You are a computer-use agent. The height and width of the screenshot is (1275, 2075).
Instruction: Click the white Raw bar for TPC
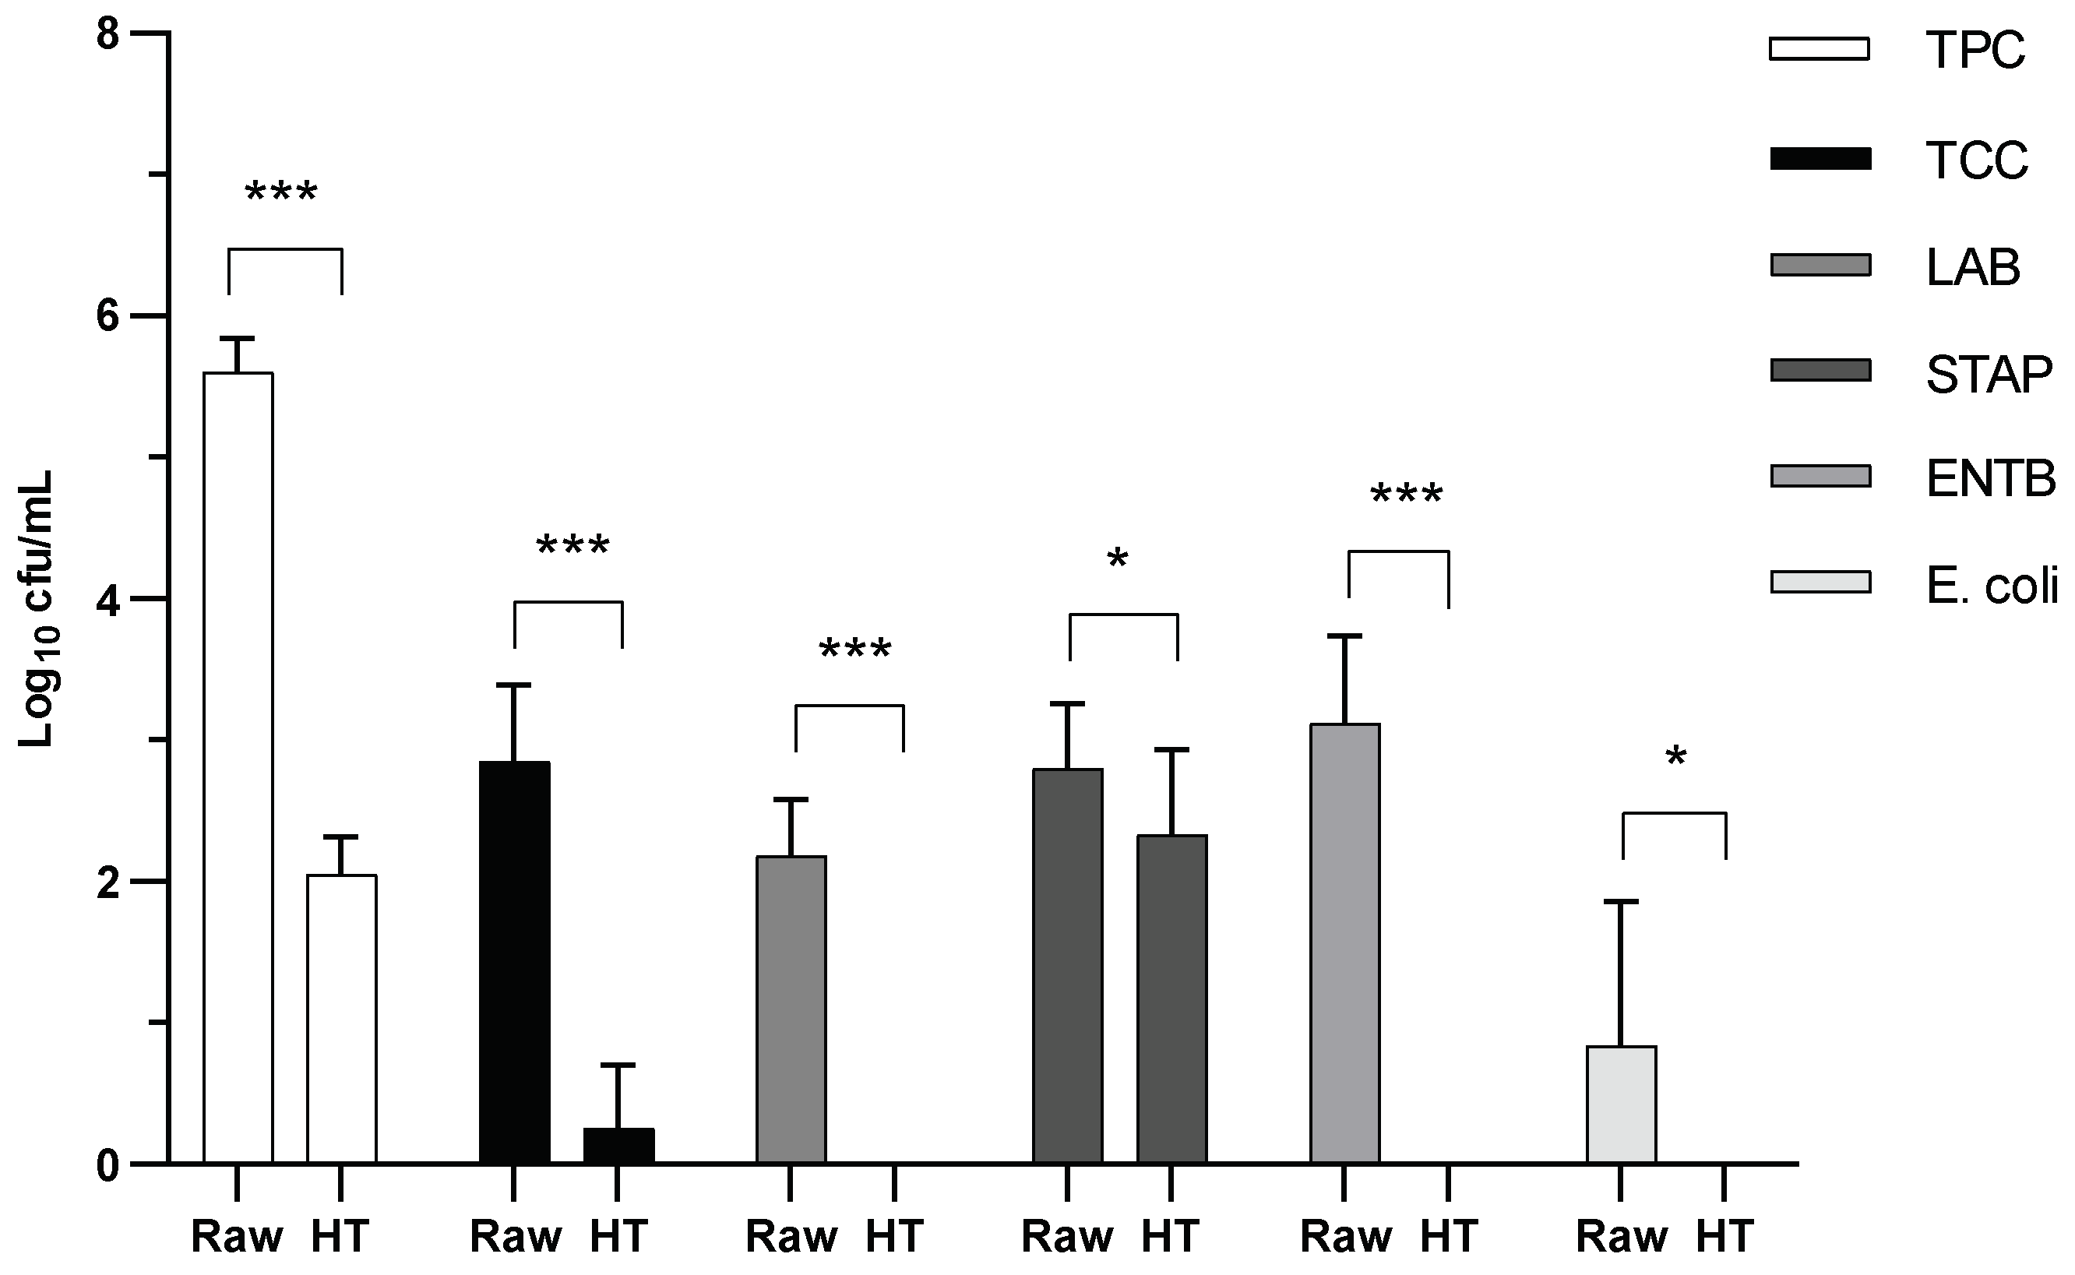[x=238, y=767]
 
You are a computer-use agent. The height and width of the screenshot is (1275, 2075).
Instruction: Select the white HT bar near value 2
[x=341, y=1020]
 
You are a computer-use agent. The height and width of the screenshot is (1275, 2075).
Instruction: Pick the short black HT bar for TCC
[x=618, y=1146]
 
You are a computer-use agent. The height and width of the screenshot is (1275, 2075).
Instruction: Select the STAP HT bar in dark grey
[x=1171, y=999]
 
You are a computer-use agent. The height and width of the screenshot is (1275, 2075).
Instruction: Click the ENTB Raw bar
[x=1345, y=945]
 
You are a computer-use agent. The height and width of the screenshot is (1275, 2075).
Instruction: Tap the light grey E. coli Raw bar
[x=1621, y=1104]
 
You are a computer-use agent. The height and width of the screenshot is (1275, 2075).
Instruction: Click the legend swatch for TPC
[x=1820, y=49]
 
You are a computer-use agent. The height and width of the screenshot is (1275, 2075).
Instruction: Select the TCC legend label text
[x=1976, y=160]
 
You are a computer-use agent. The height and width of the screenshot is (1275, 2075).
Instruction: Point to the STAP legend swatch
[x=1820, y=370]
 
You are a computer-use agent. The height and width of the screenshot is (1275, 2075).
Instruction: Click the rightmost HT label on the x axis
[x=1725, y=1237]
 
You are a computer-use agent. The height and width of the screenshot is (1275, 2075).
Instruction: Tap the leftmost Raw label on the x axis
[x=238, y=1237]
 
